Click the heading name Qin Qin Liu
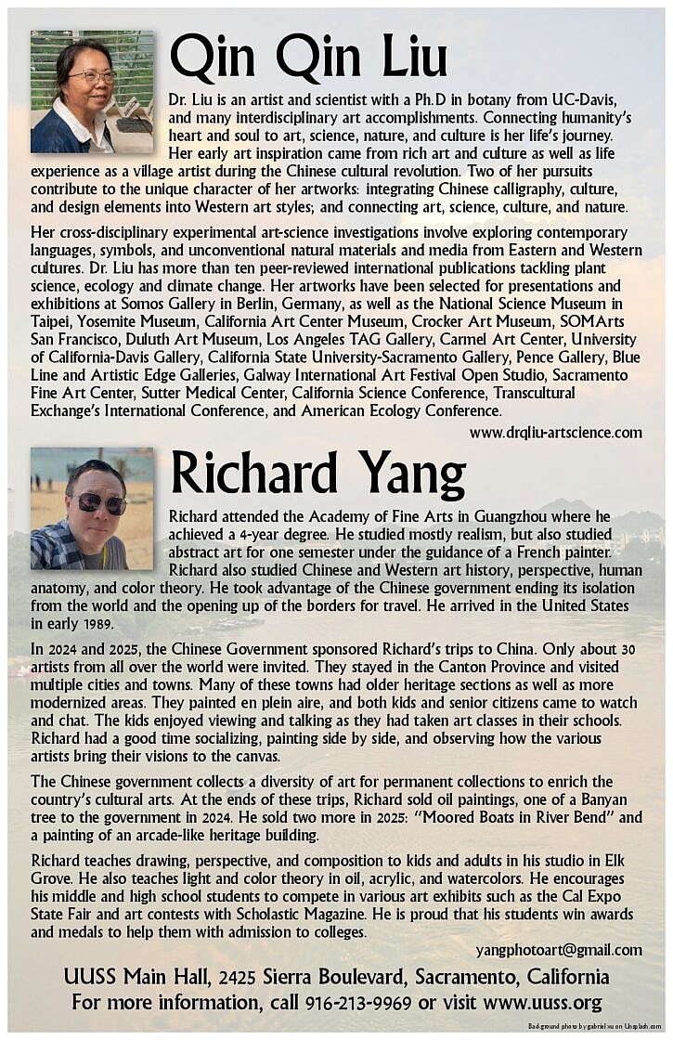[308, 58]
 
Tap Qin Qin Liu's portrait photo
[92, 91]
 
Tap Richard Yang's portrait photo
[92, 509]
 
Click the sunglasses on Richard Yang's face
[101, 503]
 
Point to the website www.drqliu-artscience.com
[555, 432]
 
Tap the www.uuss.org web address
[542, 1002]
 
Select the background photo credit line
[594, 1026]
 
